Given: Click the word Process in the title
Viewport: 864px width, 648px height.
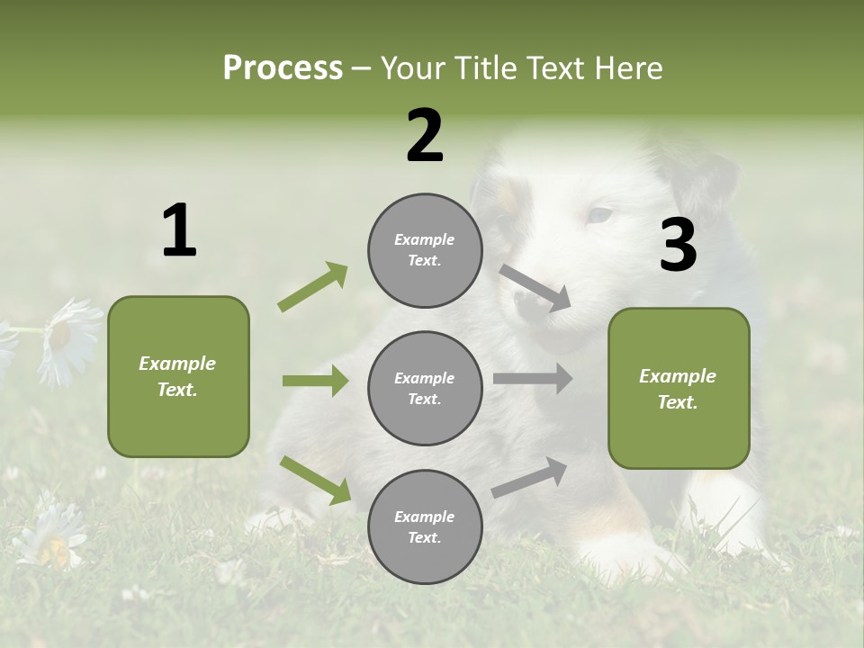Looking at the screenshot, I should tap(283, 67).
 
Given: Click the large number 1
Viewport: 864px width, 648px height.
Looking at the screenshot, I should tap(179, 231).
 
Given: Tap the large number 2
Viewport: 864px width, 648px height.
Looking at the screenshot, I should tap(425, 136).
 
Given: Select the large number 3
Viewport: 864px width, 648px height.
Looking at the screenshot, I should tap(678, 246).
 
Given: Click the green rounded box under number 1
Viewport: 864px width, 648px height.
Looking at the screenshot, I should tap(178, 376).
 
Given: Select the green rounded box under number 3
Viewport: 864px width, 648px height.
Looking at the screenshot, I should tap(679, 388).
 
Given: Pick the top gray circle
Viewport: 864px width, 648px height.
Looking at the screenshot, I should tap(425, 250).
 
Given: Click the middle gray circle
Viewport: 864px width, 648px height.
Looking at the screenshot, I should tap(425, 388).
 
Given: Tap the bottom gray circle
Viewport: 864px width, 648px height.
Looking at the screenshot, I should tap(425, 526).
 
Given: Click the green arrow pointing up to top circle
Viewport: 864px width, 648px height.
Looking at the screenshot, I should tap(312, 287).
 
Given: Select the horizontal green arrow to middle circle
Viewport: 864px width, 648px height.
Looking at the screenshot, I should tap(315, 381).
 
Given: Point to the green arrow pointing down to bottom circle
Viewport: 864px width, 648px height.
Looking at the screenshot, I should tap(315, 480).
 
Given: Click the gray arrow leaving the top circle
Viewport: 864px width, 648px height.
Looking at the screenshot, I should tap(535, 288).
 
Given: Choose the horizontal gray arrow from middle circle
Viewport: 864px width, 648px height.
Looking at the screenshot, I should tap(533, 379).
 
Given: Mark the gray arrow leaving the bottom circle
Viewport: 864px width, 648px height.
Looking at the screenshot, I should tap(529, 478).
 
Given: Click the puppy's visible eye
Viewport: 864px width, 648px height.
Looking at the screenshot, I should tap(598, 215).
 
